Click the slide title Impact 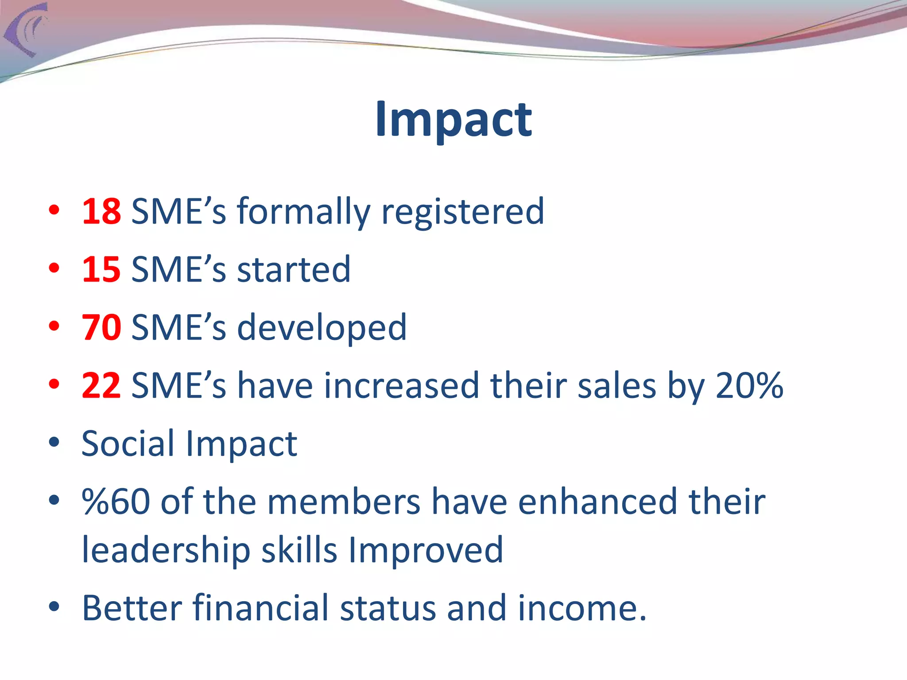453,120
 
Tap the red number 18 101,212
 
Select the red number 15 101,270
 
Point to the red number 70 101,328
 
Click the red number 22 101,386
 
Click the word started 294,270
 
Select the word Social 128,444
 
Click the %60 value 116,502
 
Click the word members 344,502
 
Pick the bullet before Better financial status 54,607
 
